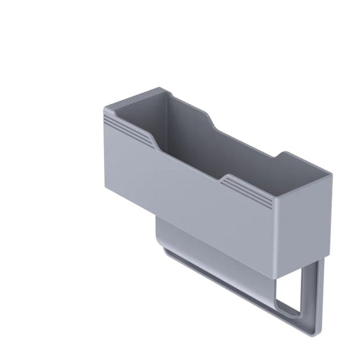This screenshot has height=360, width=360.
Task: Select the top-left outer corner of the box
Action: [x=105, y=108]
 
